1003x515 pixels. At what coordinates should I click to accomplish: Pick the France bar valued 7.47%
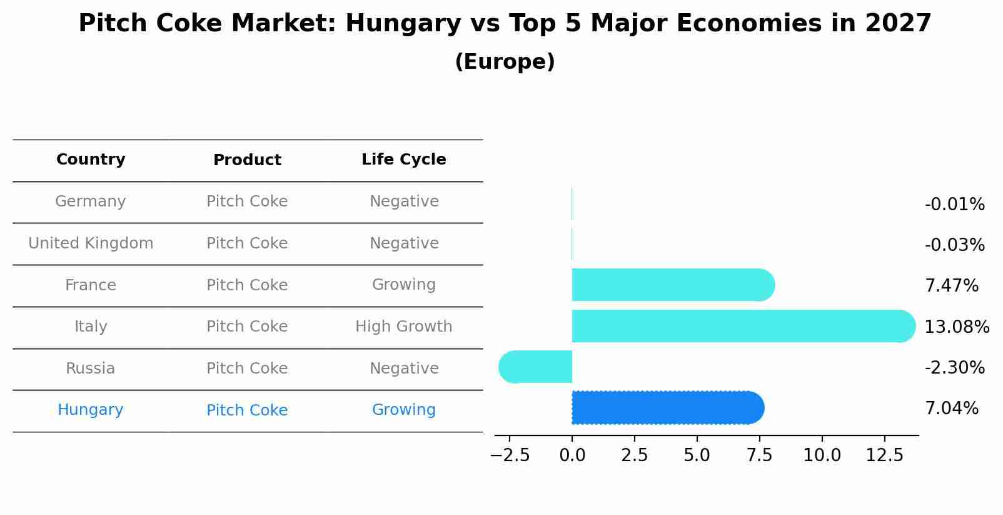673,285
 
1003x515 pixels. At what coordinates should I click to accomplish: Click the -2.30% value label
954,367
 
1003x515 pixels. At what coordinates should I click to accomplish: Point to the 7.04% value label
951,409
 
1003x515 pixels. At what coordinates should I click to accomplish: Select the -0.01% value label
954,205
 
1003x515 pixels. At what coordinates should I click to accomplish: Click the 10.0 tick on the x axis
822,456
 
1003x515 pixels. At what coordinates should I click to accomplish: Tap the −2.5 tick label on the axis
510,456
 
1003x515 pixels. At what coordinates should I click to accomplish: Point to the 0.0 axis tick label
572,456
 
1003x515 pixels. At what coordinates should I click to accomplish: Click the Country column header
91,160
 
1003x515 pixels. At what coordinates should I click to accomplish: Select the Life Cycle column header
403,160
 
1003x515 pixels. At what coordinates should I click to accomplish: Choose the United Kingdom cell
91,243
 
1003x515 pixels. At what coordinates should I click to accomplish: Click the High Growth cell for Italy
403,327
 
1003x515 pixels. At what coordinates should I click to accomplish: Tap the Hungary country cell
91,410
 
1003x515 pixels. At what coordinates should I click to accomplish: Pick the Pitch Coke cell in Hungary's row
247,410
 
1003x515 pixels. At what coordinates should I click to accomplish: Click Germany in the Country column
91,201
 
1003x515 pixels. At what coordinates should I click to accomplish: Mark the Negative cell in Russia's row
403,369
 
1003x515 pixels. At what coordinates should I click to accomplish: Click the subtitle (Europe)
505,62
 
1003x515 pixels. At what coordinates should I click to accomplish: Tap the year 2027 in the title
898,24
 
